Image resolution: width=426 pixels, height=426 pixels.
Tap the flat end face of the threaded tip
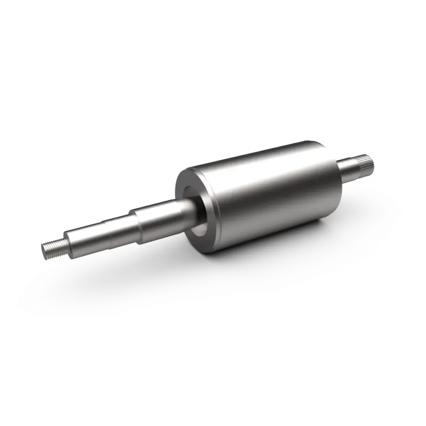(x=44, y=252)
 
